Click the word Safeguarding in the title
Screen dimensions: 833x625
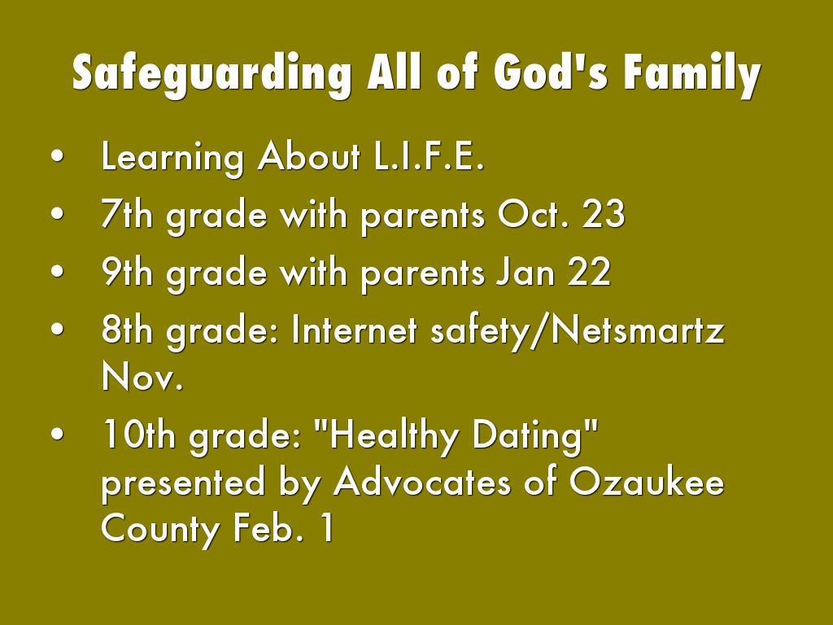pyautogui.click(x=212, y=74)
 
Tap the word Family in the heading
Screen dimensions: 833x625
pyautogui.click(x=692, y=74)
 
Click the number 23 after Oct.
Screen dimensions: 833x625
pyautogui.click(x=603, y=214)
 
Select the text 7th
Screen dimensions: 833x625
pyautogui.click(x=126, y=214)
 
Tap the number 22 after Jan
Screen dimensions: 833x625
pyautogui.click(x=589, y=272)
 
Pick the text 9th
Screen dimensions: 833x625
pyautogui.click(x=126, y=272)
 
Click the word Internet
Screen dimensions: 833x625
pyautogui.click(x=355, y=330)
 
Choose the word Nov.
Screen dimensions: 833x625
pyautogui.click(x=142, y=376)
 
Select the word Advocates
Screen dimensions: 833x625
pyautogui.click(x=422, y=482)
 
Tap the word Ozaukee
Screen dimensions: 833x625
pyautogui.click(x=647, y=482)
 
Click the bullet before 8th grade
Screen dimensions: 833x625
pyautogui.click(x=58, y=329)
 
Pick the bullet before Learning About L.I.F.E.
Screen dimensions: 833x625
pyautogui.click(x=58, y=156)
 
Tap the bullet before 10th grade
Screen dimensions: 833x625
pyautogui.click(x=58, y=434)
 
